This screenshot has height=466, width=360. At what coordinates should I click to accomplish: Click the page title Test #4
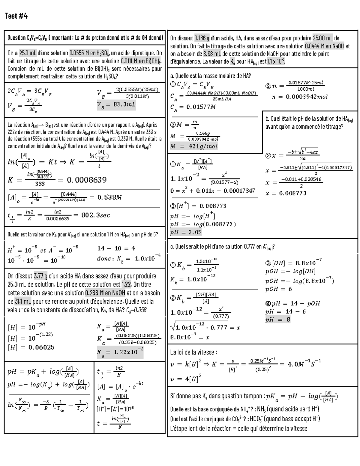16,16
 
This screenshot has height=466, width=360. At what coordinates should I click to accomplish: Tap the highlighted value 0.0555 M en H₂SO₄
90,53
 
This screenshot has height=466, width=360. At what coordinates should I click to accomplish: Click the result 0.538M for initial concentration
109,197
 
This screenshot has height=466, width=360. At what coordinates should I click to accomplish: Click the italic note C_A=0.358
136,310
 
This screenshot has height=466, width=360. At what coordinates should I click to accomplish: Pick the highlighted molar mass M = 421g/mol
193,146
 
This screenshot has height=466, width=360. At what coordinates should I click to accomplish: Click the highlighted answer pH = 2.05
186,232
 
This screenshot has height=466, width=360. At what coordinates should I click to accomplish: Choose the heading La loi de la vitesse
193,352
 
